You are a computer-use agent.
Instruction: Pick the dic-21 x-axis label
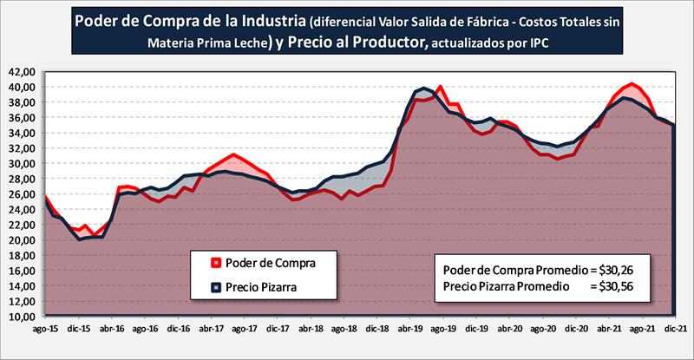pyautogui.click(x=674, y=331)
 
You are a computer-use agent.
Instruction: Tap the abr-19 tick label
pyautogui.click(x=409, y=331)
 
